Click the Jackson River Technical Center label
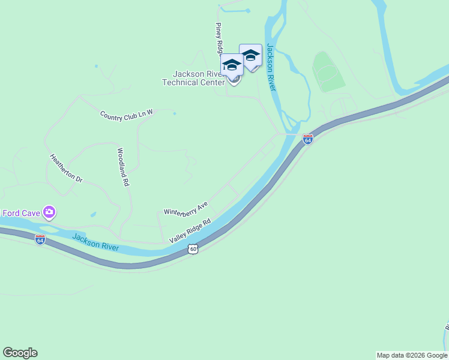(x=193, y=78)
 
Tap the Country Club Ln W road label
(x=127, y=115)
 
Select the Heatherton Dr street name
(x=65, y=169)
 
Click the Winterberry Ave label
(x=185, y=209)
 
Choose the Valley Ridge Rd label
(x=190, y=230)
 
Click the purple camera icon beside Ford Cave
(x=49, y=212)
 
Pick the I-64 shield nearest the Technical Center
(x=308, y=140)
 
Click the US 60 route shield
(x=192, y=248)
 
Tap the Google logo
(x=20, y=353)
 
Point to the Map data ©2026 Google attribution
(x=412, y=355)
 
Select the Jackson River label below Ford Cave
(x=95, y=243)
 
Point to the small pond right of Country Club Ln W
(x=174, y=113)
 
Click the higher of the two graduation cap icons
(x=250, y=56)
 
